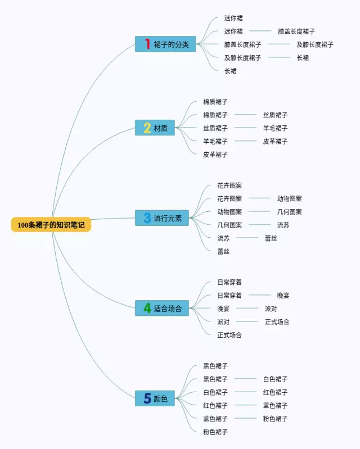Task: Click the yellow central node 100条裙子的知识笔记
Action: click(51, 225)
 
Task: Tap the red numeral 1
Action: click(147, 44)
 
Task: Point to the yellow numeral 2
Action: click(147, 128)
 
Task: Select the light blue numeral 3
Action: click(147, 218)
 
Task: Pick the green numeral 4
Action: click(147, 308)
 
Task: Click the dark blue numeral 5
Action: click(147, 398)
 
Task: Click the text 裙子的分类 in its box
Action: click(171, 44)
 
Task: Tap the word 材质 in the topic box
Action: click(161, 128)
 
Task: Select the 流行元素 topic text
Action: click(168, 218)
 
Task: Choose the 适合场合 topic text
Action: click(168, 309)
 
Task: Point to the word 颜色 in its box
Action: click(161, 398)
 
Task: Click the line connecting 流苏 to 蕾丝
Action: click(247, 238)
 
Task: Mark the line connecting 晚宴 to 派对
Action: click(247, 308)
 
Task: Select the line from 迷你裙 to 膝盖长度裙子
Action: click(260, 31)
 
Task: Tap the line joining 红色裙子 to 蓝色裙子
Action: click(245, 405)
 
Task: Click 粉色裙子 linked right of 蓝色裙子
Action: click(275, 419)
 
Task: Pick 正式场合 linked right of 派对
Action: click(277, 322)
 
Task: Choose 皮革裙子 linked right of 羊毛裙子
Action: click(275, 141)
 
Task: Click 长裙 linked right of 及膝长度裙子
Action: click(303, 57)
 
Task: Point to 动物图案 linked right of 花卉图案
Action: click(290, 198)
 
